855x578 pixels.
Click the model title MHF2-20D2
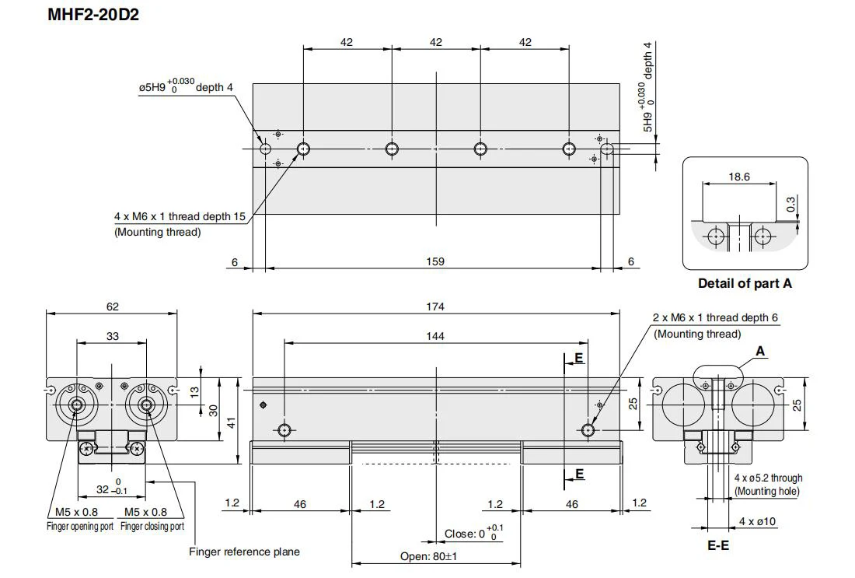93,14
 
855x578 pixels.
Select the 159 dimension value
435,261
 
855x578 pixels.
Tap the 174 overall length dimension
435,307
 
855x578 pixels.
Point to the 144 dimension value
435,336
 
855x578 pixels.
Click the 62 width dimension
113,307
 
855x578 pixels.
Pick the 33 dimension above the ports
113,336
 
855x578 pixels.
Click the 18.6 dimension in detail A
739,177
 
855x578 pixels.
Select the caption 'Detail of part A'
745,283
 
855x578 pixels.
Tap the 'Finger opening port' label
80,527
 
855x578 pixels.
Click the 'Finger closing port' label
152,527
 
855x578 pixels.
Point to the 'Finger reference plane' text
244,552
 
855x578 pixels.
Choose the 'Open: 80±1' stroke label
428,557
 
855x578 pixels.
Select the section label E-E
718,545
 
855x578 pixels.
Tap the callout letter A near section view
761,352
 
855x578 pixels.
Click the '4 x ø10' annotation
757,521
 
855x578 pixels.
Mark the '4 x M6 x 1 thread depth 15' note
180,217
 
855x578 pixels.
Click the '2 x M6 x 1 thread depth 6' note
715,317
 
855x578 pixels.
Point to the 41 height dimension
231,422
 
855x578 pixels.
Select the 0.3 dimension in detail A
790,204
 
